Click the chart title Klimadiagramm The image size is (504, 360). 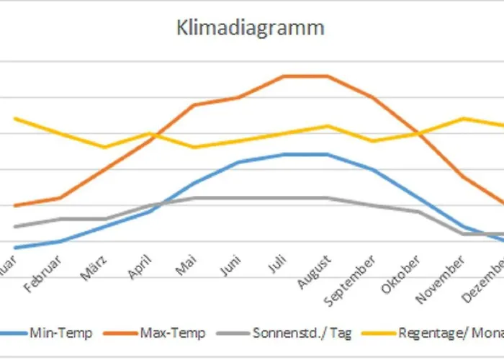[x=251, y=28]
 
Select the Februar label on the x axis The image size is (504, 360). [x=42, y=274]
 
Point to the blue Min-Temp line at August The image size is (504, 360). [x=328, y=154]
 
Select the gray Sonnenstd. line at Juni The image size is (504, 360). [x=238, y=197]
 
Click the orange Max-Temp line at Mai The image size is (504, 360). [x=193, y=104]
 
